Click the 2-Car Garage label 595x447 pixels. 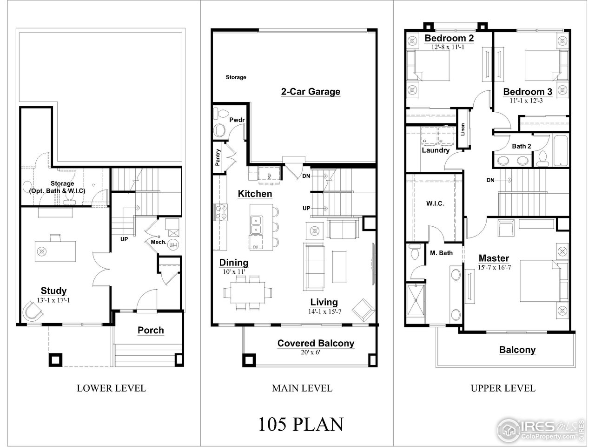(311, 92)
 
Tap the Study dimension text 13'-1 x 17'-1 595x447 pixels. (53, 300)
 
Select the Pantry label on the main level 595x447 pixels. (218, 157)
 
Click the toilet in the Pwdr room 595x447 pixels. (220, 114)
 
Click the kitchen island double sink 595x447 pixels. (256, 225)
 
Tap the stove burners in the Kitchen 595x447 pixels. (220, 212)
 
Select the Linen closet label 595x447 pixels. (463, 129)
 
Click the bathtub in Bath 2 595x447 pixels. (560, 150)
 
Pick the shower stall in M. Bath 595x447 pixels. (416, 300)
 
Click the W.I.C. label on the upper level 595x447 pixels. (435, 203)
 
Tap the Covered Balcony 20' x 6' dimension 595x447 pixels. (311, 352)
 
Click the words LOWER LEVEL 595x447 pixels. (112, 388)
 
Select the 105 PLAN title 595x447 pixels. (301, 424)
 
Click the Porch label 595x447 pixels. (151, 330)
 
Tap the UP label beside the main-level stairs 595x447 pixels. (306, 208)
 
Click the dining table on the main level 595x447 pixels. (247, 292)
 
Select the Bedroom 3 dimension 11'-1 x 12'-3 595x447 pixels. (526, 101)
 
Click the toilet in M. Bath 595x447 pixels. (415, 252)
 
